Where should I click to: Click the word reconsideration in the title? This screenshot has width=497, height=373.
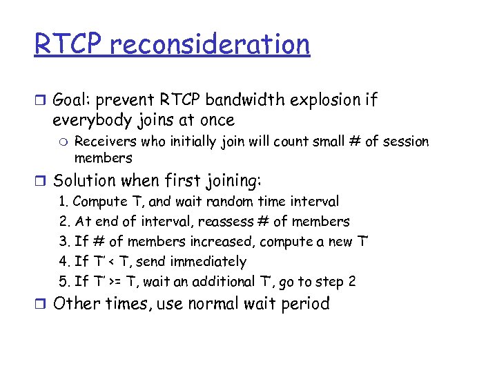coord(210,44)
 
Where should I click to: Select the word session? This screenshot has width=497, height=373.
coord(405,142)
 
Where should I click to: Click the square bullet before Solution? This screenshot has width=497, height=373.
coord(40,181)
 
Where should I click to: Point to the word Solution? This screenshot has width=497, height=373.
coord(86,181)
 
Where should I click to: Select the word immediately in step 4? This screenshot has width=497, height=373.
coord(208,262)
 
